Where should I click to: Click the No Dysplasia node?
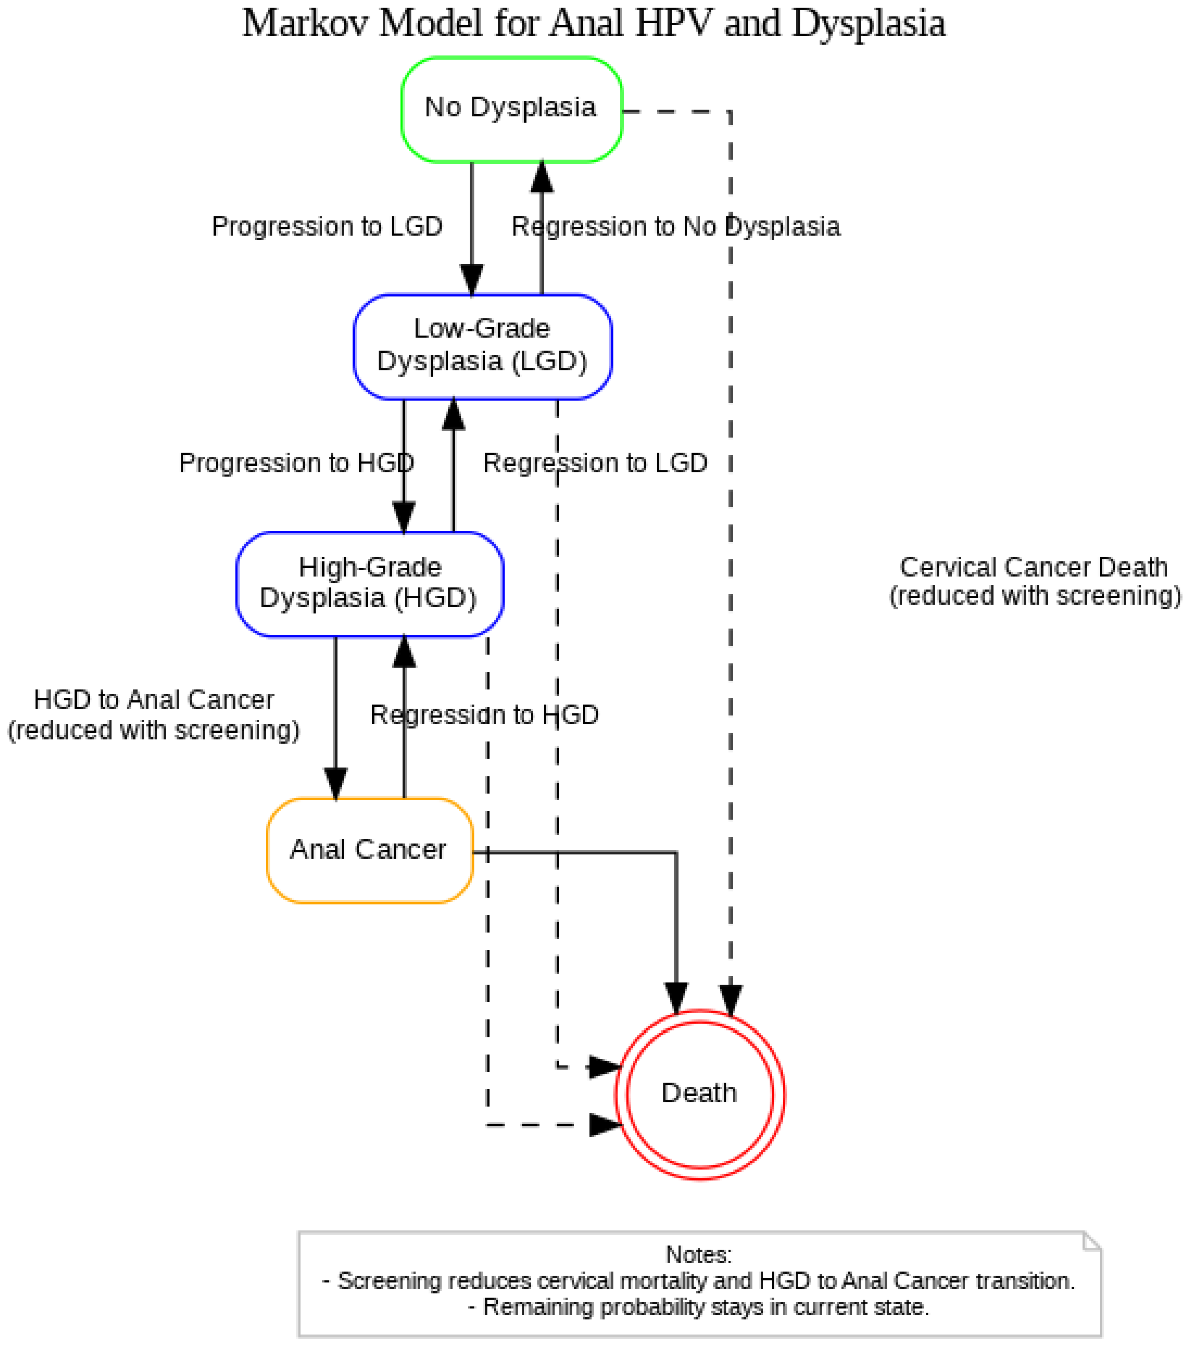click(x=511, y=109)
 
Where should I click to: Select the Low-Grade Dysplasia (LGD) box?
click(x=482, y=346)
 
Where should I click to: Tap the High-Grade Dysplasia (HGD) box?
click(x=369, y=584)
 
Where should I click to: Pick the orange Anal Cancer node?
click(x=369, y=850)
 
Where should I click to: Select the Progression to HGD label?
click(x=296, y=463)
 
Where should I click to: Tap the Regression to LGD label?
click(x=595, y=463)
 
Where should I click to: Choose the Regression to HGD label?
click(x=484, y=715)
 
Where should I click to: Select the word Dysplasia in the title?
click(x=868, y=24)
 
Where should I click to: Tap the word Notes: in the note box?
click(x=698, y=1254)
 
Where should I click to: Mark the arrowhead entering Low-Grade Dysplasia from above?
click(x=472, y=280)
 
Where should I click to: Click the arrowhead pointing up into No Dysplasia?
click(x=541, y=177)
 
